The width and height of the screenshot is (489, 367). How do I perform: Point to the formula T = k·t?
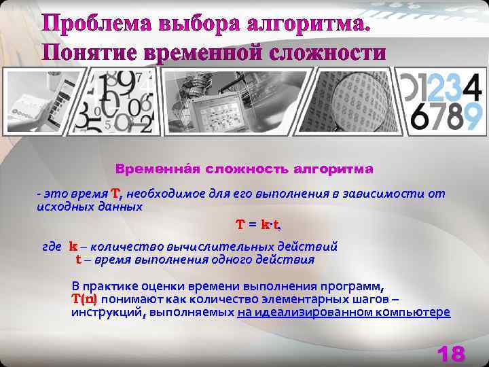click(258, 224)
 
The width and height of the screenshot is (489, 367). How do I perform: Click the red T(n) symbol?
click(84, 299)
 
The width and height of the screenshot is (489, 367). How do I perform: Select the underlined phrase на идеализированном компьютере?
click(344, 313)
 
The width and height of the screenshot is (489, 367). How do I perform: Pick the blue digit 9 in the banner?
click(471, 116)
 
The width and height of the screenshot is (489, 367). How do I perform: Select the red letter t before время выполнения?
click(79, 260)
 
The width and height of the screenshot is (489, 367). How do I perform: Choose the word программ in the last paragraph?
click(356, 285)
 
